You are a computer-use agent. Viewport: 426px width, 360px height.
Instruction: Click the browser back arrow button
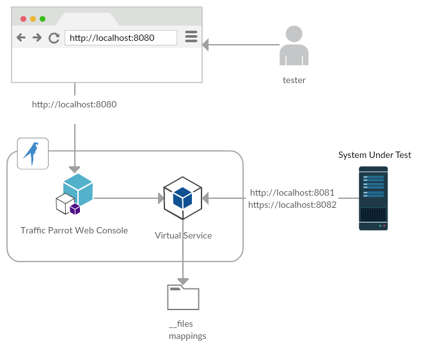(x=21, y=38)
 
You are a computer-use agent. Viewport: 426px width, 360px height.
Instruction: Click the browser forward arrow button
(x=37, y=38)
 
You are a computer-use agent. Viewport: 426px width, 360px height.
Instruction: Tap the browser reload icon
(x=54, y=38)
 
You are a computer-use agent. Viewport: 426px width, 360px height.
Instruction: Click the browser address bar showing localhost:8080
(x=120, y=38)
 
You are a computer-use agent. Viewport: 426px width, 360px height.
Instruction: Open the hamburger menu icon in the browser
(x=191, y=37)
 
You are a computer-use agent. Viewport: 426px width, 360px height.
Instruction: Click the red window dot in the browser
(x=24, y=19)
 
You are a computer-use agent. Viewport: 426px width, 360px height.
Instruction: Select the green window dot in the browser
(x=42, y=19)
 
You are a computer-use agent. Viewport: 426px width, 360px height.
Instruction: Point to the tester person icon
(x=294, y=45)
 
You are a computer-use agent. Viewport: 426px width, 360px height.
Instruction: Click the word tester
(x=294, y=81)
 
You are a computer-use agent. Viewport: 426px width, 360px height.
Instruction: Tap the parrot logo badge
(x=33, y=153)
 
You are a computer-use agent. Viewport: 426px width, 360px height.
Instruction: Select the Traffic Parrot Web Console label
(x=74, y=230)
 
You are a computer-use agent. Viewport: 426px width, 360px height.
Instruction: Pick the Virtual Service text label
(x=183, y=235)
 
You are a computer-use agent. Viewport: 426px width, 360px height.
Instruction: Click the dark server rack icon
(x=373, y=198)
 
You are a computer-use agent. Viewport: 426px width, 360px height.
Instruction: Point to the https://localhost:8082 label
(x=292, y=205)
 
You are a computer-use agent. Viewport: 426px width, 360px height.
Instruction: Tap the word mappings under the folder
(x=187, y=336)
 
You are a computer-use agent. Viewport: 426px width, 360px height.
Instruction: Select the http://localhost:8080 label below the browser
(x=74, y=104)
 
